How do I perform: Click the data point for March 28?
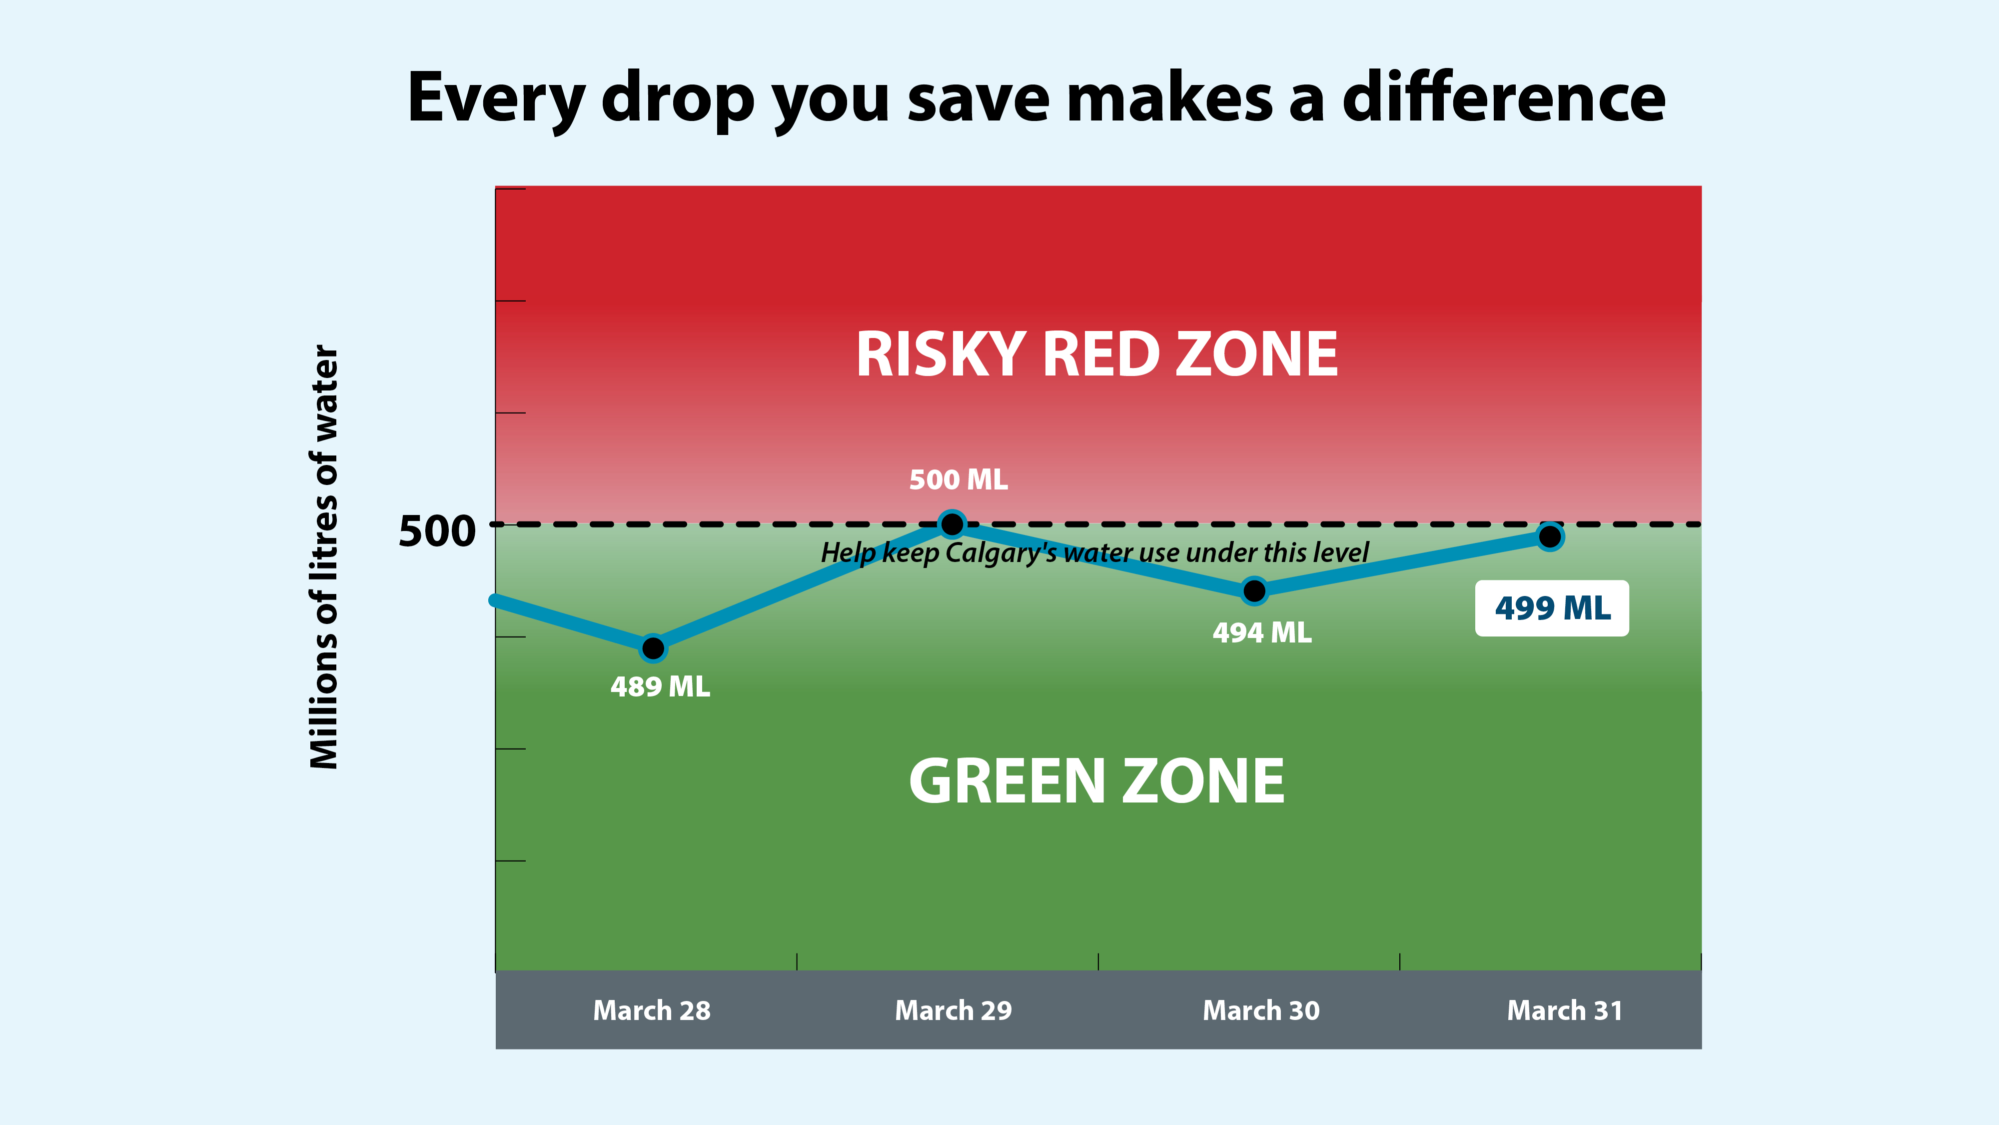(x=653, y=647)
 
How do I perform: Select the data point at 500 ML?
(x=952, y=524)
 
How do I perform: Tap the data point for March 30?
(x=1254, y=591)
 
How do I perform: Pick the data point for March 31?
(x=1550, y=536)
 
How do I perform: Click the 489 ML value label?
(x=660, y=687)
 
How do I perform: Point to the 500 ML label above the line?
(x=959, y=480)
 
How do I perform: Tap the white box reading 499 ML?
(x=1552, y=608)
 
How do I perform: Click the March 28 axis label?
(x=652, y=1010)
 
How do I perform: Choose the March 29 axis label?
(x=953, y=1010)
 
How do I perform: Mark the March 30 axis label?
(x=1261, y=1010)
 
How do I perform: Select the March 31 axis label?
(x=1564, y=1010)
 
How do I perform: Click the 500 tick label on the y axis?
(x=437, y=532)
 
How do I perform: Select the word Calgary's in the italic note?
(x=1000, y=553)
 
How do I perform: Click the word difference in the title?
(x=1504, y=98)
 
